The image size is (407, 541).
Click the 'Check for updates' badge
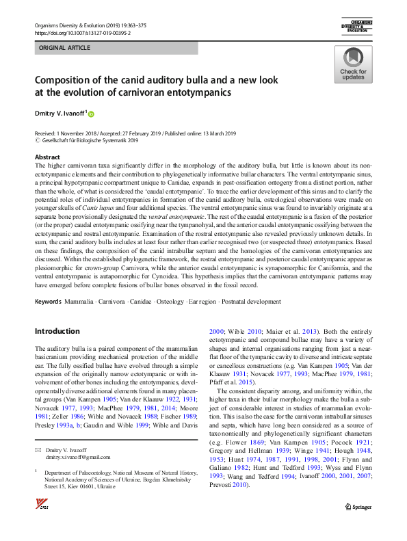pyautogui.click(x=353, y=65)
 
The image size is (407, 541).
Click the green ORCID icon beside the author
pyautogui.click(x=90, y=114)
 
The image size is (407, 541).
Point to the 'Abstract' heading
pyautogui.click(x=47, y=157)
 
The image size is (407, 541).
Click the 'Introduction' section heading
pyautogui.click(x=57, y=331)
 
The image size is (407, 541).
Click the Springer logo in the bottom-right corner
pyautogui.click(x=358, y=525)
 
